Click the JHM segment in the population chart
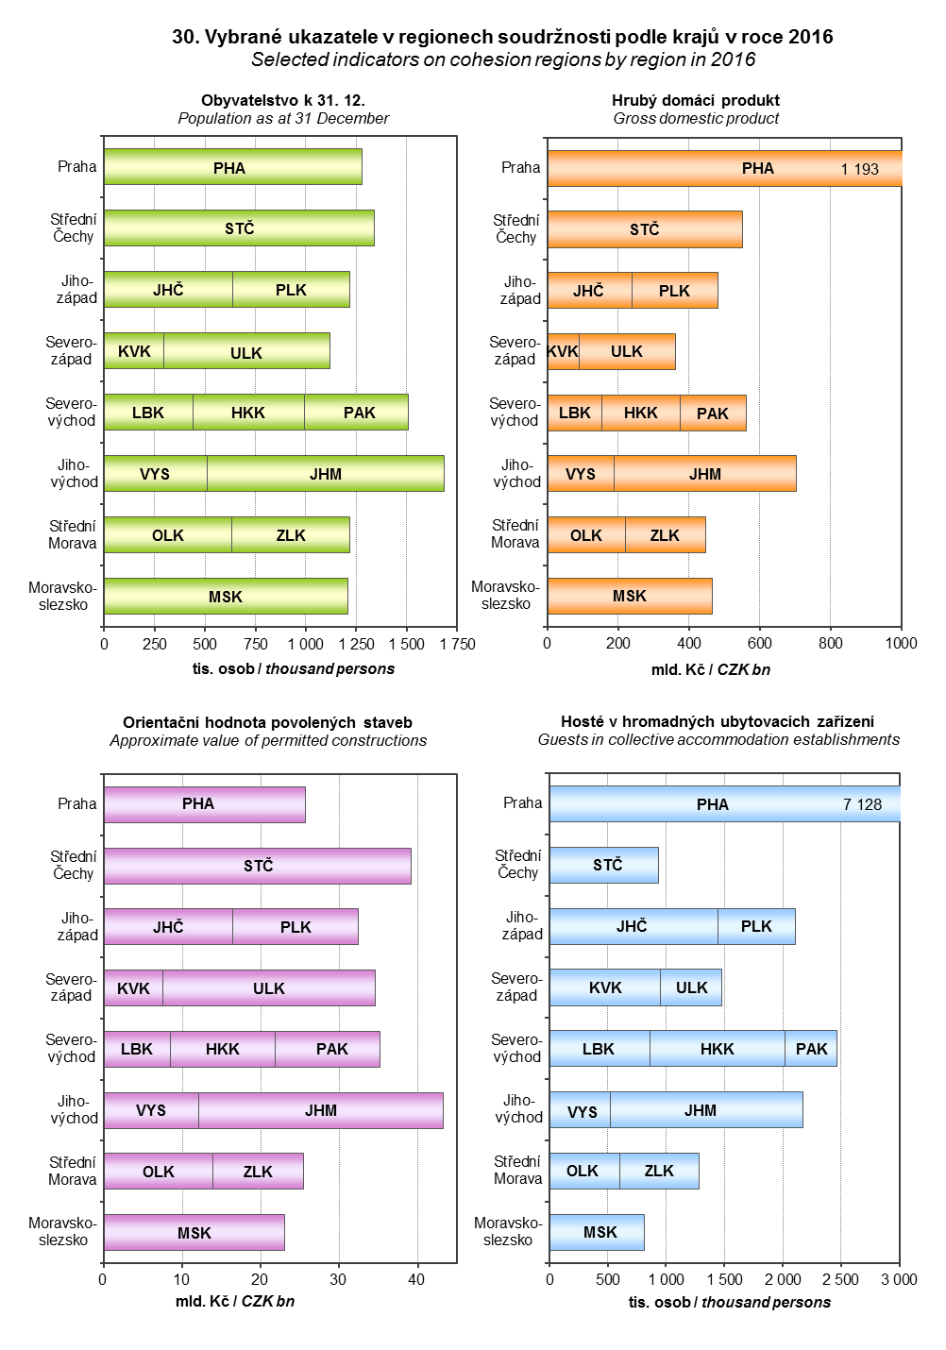click(x=326, y=474)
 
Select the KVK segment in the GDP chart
click(x=563, y=351)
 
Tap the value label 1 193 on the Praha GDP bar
click(x=859, y=169)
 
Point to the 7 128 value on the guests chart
click(x=862, y=804)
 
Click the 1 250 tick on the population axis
click(x=355, y=644)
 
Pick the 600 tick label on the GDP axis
click(x=760, y=643)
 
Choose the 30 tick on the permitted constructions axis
click(x=338, y=1279)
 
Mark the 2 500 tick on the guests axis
click(x=840, y=1279)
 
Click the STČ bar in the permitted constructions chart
click(x=258, y=866)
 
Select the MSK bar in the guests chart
click(x=600, y=1232)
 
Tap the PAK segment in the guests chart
click(x=811, y=1049)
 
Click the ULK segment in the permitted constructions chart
click(x=269, y=988)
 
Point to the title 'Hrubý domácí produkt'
click(x=696, y=100)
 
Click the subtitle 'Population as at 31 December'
click(x=283, y=118)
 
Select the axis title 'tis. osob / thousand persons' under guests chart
click(x=730, y=1302)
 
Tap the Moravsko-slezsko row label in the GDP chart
click(x=506, y=595)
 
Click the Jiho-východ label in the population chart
click(x=74, y=473)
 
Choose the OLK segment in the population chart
click(x=168, y=535)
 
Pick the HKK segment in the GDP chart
click(x=641, y=413)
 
